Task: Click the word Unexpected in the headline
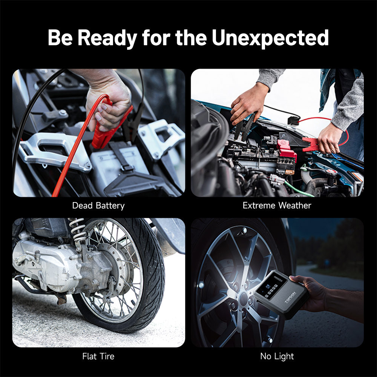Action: [x=270, y=38]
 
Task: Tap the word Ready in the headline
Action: [x=107, y=38]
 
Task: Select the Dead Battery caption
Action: [x=98, y=205]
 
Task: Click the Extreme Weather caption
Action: [x=277, y=205]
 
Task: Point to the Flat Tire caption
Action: [x=98, y=356]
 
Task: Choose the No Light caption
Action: [x=277, y=356]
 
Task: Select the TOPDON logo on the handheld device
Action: [x=290, y=297]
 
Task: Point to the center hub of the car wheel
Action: [x=243, y=299]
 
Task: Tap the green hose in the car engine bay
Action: [x=298, y=189]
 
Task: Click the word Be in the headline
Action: [x=60, y=38]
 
